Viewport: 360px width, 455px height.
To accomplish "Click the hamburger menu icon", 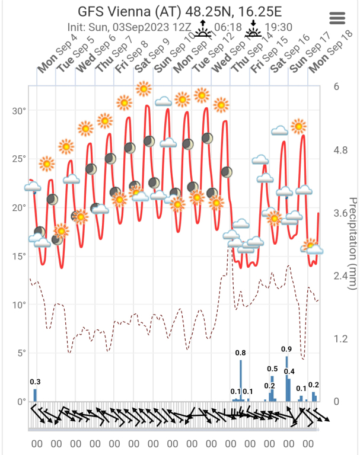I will (x=337, y=18).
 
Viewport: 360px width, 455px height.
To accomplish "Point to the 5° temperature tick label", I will (x=20, y=354).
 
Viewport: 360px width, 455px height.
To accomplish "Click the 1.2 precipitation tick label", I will (x=340, y=339).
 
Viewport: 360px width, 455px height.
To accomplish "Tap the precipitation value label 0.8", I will (x=241, y=353).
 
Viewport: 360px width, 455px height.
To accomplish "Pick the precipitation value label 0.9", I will (x=286, y=349).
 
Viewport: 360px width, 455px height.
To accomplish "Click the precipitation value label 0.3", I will (x=35, y=382).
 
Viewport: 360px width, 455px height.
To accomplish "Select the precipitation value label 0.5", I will (x=273, y=369).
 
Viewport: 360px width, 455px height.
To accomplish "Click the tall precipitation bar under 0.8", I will (x=241, y=380).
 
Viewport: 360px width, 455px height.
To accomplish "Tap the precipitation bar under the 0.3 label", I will (x=35, y=395).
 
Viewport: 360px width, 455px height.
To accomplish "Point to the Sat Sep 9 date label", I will (x=151, y=57).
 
